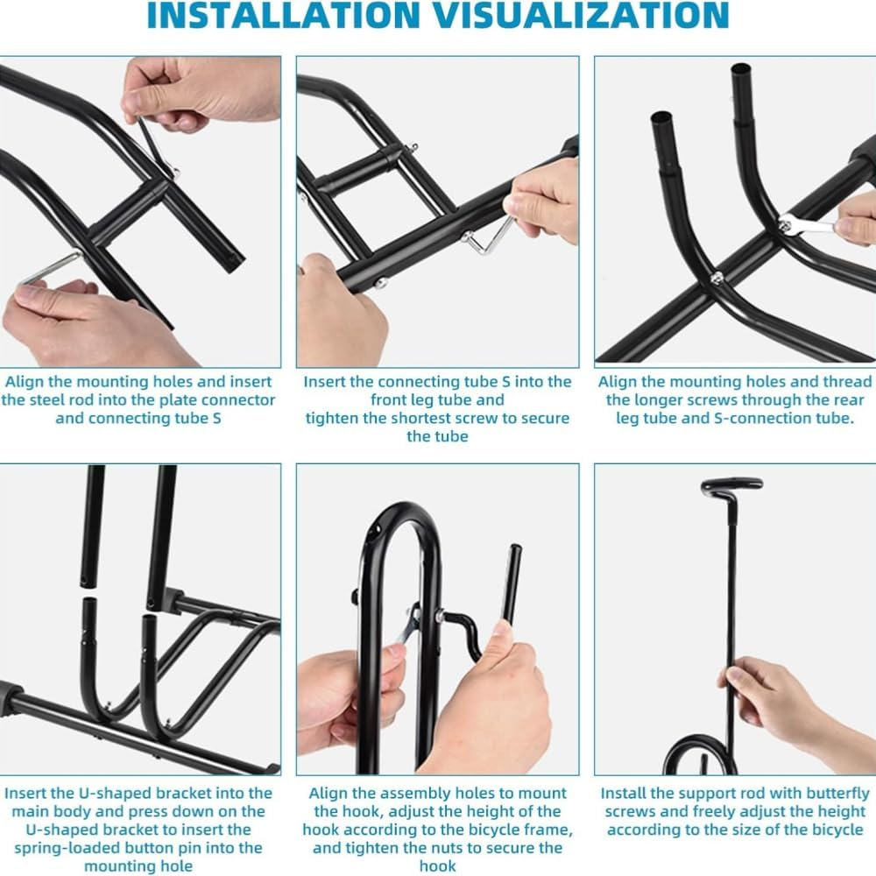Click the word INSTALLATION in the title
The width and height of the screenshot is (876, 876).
click(x=283, y=14)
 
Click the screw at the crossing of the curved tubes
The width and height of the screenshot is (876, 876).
click(x=716, y=277)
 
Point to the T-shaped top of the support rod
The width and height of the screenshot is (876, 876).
click(x=731, y=485)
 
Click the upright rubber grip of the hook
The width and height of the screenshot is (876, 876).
click(x=512, y=584)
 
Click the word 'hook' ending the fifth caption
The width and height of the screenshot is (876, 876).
click(x=437, y=866)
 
